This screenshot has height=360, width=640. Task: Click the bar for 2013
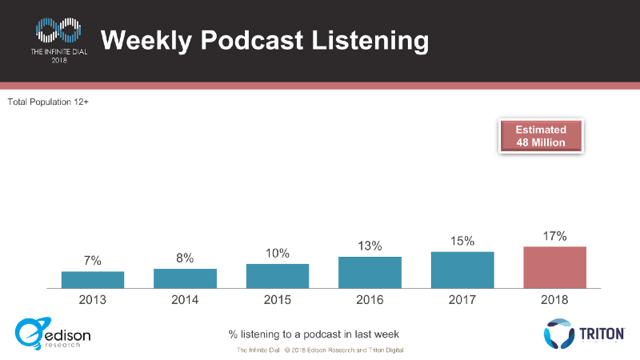[93, 279]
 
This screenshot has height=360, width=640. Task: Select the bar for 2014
[185, 278]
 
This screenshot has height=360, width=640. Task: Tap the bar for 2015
[278, 275]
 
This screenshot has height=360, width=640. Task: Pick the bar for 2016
[370, 272]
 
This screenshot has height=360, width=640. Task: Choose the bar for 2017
[462, 270]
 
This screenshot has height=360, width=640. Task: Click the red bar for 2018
[554, 267]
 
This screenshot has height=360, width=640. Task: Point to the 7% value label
[93, 261]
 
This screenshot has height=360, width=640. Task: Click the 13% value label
[370, 246]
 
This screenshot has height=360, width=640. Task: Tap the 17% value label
[554, 236]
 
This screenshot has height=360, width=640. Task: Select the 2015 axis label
[278, 300]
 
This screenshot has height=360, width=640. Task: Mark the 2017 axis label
[462, 300]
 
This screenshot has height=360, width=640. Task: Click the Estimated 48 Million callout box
[541, 136]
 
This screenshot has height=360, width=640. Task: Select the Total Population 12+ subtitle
[48, 102]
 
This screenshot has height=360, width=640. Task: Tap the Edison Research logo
[53, 334]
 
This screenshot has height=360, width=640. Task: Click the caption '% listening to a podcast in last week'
[314, 334]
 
